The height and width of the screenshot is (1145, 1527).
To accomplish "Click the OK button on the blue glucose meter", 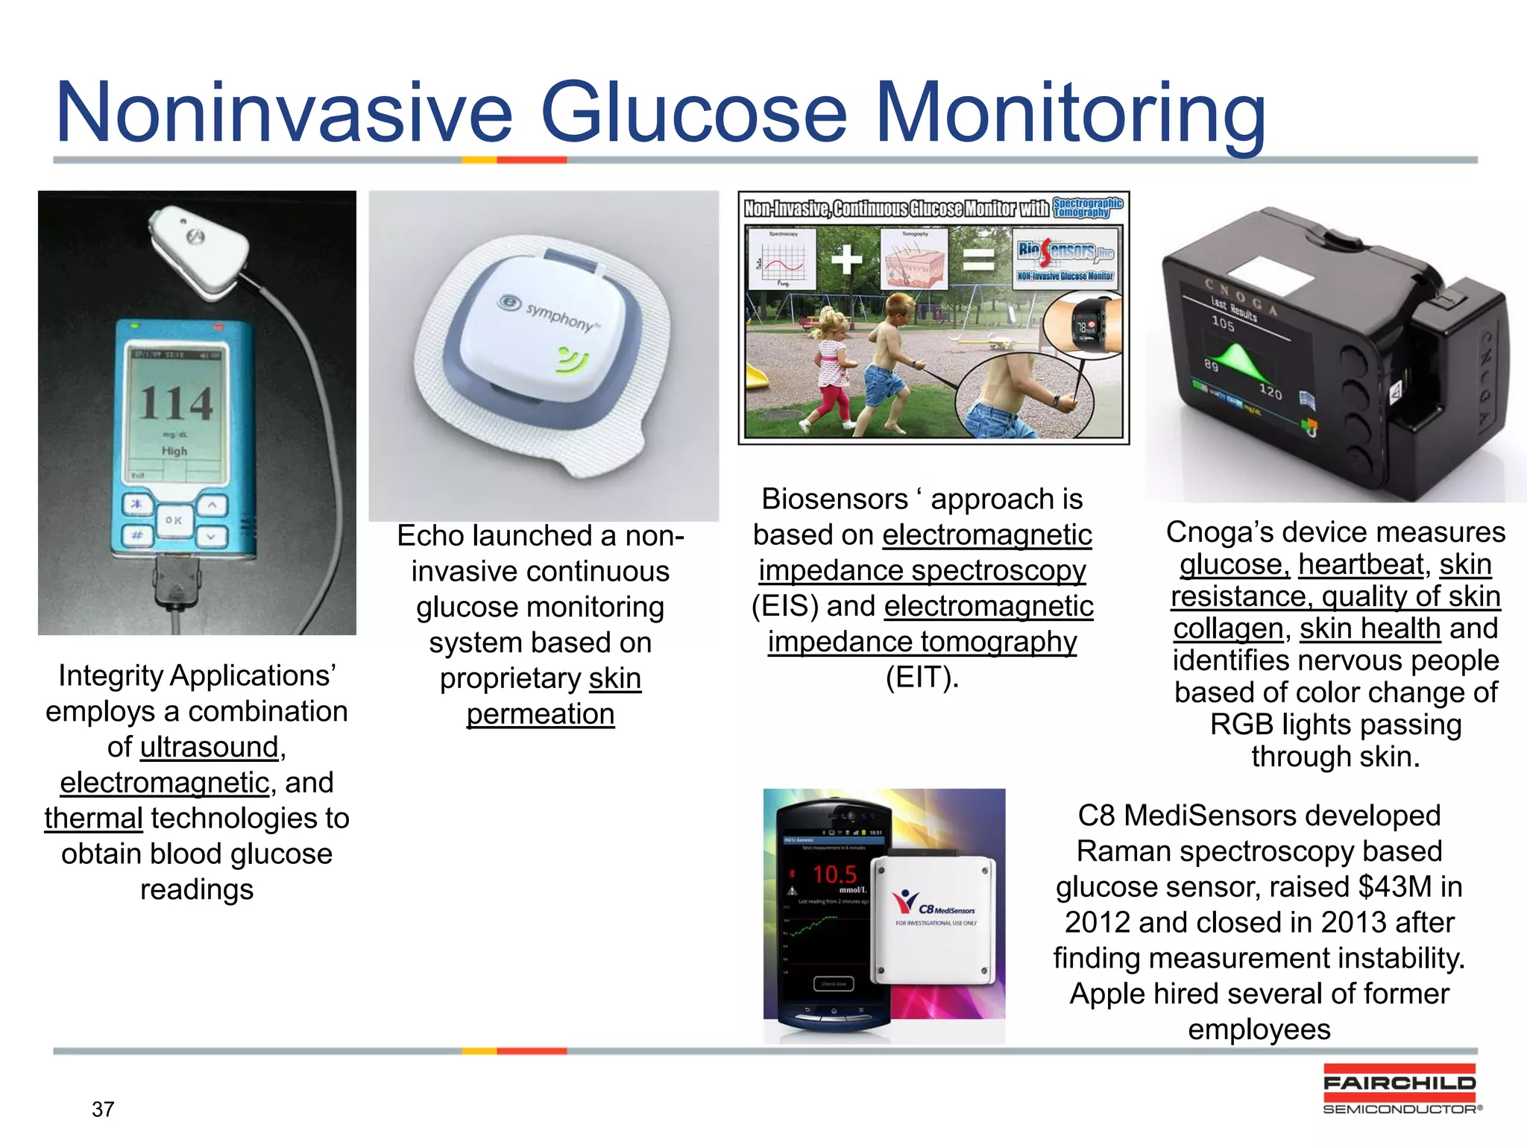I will (174, 520).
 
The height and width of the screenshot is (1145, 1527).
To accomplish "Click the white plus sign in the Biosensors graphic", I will (846, 259).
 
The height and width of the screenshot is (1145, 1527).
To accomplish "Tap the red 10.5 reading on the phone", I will (834, 874).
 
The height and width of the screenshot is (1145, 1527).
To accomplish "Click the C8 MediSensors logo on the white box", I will (935, 905).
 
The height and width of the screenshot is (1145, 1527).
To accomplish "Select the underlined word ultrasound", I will (209, 747).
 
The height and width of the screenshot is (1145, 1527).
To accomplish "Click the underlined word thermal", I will (93, 818).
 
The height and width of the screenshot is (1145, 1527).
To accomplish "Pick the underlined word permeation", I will (541, 714).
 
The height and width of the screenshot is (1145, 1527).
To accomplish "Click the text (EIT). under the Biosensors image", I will (922, 678).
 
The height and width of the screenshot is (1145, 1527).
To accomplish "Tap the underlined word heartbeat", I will (1361, 565).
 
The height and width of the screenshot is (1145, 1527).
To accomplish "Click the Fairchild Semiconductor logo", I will (1400, 1089).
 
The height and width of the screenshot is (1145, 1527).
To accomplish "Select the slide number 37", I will (103, 1109).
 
